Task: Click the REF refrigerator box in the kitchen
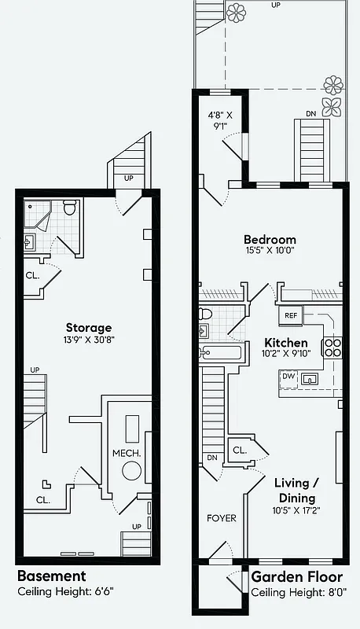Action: click(291, 315)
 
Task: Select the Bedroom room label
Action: click(270, 240)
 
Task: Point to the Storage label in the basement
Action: click(88, 328)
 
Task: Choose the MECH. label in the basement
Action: click(126, 454)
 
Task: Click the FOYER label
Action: click(222, 519)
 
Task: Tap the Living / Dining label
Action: click(295, 491)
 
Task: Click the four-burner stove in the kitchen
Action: click(332, 348)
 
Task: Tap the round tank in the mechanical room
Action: click(131, 471)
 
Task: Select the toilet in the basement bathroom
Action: click(68, 208)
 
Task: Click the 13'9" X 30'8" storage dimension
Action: click(88, 341)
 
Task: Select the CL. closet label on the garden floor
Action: click(239, 451)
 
